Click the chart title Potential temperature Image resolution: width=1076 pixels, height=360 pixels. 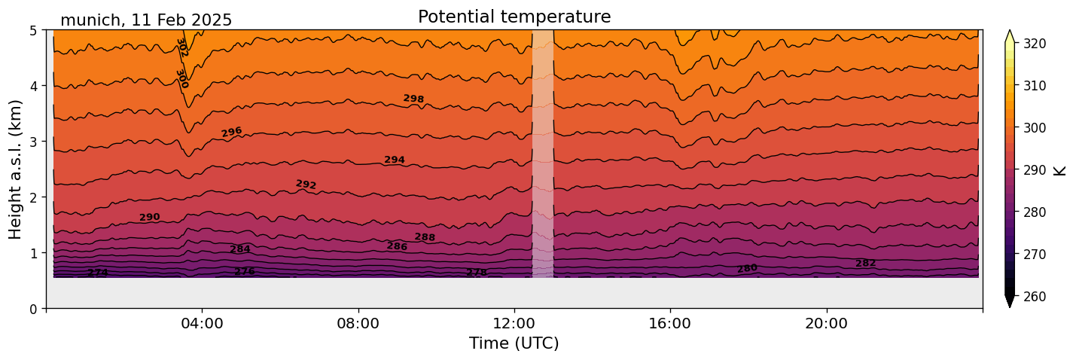514,17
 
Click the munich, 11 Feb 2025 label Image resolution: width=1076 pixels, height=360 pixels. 146,20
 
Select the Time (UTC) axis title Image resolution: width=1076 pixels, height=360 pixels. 514,343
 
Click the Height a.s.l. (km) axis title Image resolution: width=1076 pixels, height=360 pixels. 16,169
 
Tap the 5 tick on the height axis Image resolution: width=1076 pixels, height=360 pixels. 35,30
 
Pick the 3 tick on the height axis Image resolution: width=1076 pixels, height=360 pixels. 35,142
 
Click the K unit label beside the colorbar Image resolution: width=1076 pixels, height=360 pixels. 1060,170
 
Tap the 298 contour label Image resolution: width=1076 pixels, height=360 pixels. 413,99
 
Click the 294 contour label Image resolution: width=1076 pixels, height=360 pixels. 395,160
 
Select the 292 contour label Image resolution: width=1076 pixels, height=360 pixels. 306,185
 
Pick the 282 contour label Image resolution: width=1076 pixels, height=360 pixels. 866,263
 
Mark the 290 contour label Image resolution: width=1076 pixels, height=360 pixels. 149,218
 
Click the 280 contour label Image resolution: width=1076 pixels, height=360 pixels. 747,268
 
